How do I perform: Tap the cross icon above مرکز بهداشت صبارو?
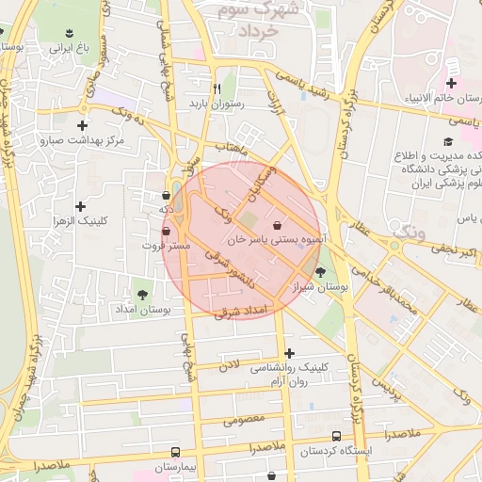click(83, 124)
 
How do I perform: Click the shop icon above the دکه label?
click(167, 195)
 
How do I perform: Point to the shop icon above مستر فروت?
click(167, 230)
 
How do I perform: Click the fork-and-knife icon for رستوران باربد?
click(217, 88)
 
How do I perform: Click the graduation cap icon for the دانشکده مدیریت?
click(447, 142)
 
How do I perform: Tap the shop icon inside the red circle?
click(276, 226)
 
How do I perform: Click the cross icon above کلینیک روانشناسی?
click(289, 353)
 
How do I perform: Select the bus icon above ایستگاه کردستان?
click(336, 436)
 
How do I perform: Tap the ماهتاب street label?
click(231, 149)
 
